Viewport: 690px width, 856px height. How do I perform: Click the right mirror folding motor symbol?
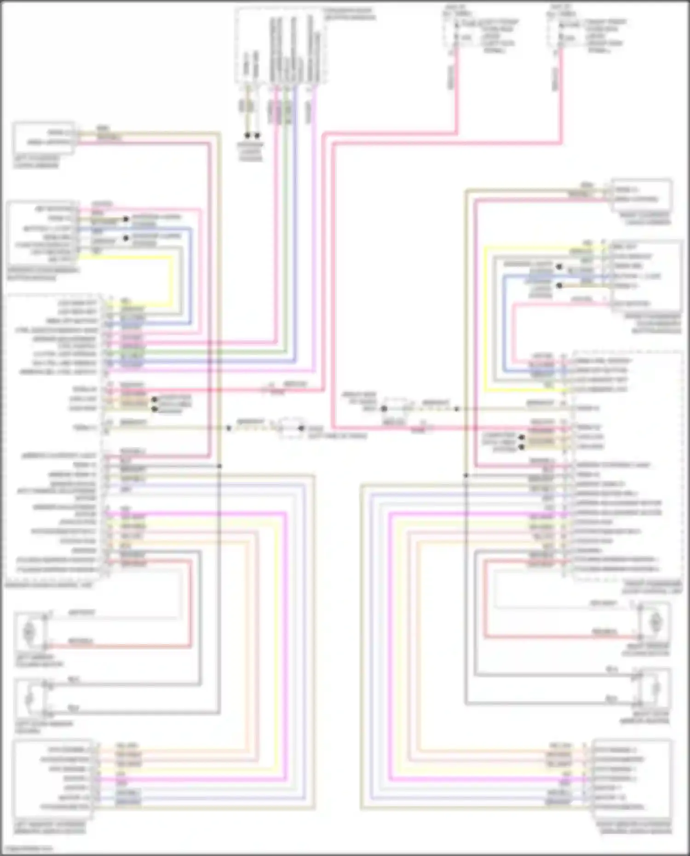(x=655, y=622)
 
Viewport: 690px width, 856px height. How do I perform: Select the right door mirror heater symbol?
(x=655, y=689)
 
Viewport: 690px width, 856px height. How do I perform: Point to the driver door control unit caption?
(x=48, y=586)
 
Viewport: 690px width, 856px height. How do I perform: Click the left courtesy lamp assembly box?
(x=43, y=138)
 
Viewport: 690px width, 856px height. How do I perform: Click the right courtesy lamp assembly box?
(x=641, y=195)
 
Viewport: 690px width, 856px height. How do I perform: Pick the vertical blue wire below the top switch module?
(x=295, y=184)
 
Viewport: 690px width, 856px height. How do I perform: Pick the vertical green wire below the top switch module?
(x=286, y=184)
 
